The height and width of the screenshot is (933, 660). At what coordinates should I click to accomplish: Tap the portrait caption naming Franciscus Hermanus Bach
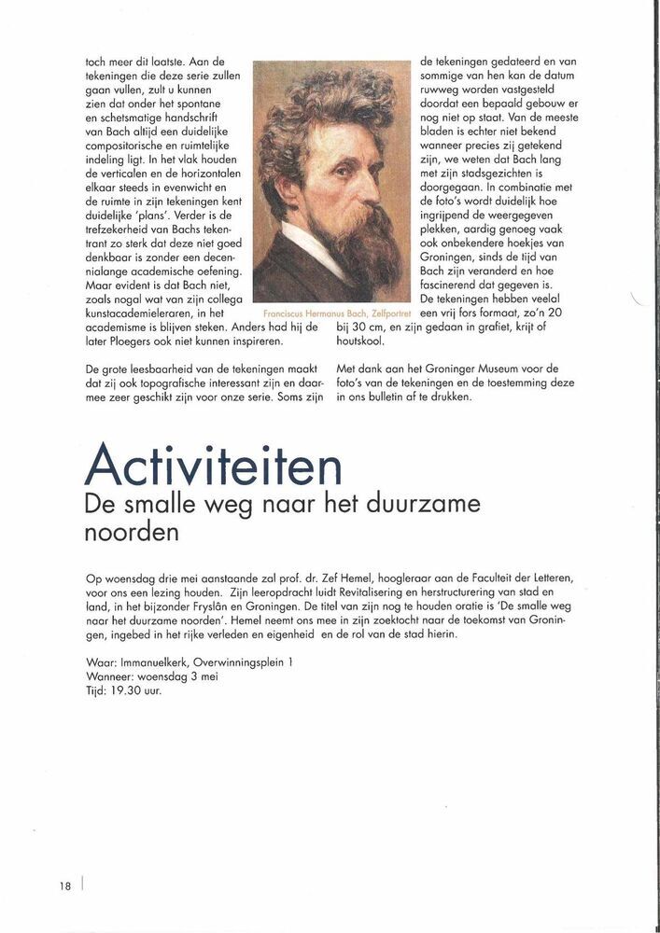tap(331, 315)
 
